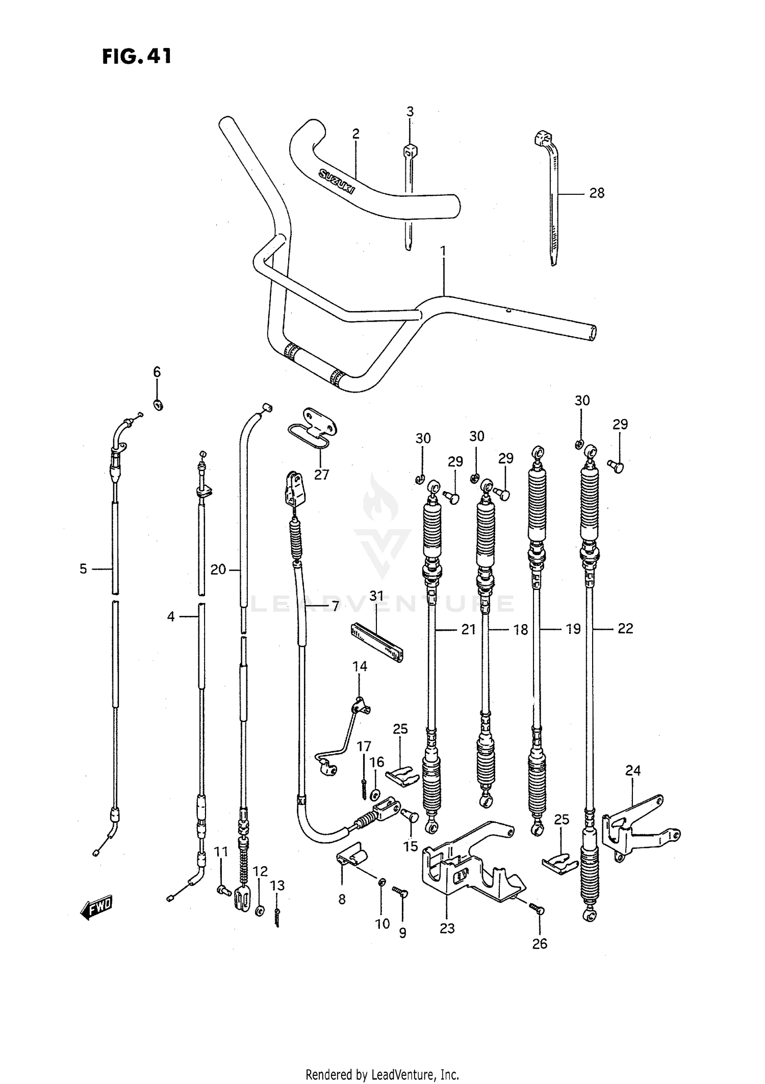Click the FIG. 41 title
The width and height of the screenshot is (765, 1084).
137,56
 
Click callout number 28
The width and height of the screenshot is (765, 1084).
597,193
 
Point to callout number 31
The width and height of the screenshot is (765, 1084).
376,596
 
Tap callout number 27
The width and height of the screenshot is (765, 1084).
321,475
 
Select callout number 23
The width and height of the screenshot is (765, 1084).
447,928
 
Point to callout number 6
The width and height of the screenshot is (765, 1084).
157,372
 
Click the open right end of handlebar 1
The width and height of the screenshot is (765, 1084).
592,334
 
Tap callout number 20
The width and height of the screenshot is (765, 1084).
218,570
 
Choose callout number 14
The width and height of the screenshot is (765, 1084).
360,666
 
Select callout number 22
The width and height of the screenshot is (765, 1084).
625,629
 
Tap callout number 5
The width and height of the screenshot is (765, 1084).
83,569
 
